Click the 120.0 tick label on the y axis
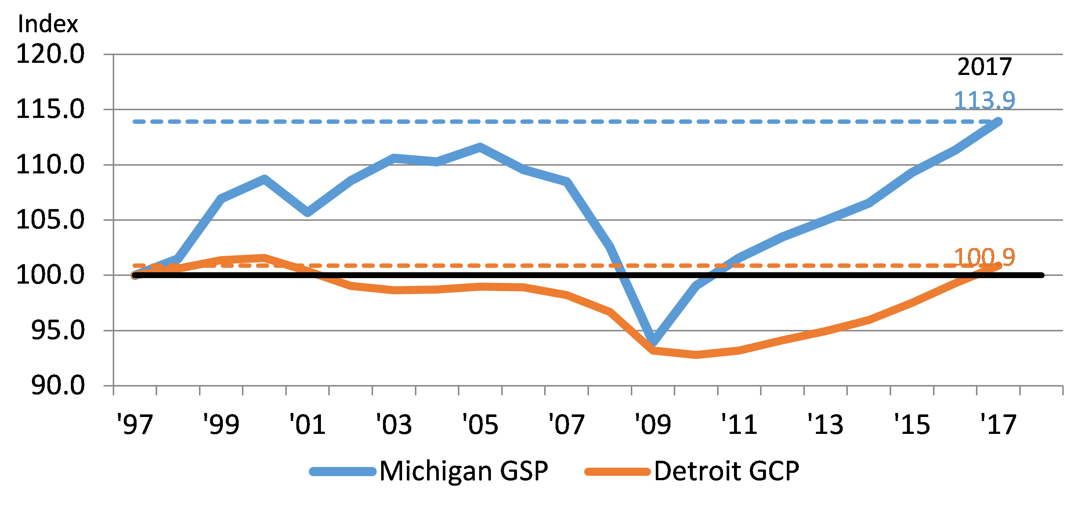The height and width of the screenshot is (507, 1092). pos(50,54)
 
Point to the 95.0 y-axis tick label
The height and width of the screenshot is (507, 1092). pos(58,331)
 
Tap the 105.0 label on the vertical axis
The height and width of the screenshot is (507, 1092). pos(50,220)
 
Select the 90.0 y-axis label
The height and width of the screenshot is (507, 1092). pos(58,386)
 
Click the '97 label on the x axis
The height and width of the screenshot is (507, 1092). pos(135,424)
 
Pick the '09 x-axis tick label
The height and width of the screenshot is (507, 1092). pos(653,424)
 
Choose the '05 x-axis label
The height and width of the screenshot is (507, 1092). pos(480,424)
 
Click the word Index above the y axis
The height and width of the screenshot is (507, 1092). pos(47,24)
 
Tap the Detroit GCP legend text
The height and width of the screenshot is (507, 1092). pos(727,471)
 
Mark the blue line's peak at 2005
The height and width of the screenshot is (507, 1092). pos(480,147)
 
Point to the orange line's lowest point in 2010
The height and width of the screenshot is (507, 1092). pos(697,355)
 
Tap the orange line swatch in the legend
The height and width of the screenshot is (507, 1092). pos(618,472)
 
